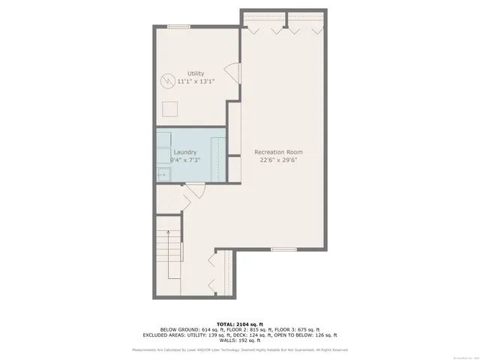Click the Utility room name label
click(195, 73)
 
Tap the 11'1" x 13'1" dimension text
click(195, 81)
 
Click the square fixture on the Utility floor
click(172, 109)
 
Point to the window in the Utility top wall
click(178, 27)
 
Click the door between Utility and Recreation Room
click(233, 73)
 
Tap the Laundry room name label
click(184, 152)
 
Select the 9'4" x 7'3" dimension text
click(184, 160)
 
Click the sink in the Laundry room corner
click(163, 175)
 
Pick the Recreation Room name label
click(278, 151)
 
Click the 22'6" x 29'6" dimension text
click(278, 159)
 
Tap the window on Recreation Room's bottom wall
click(283, 249)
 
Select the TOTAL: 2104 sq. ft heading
click(239, 323)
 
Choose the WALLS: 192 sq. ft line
click(240, 340)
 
